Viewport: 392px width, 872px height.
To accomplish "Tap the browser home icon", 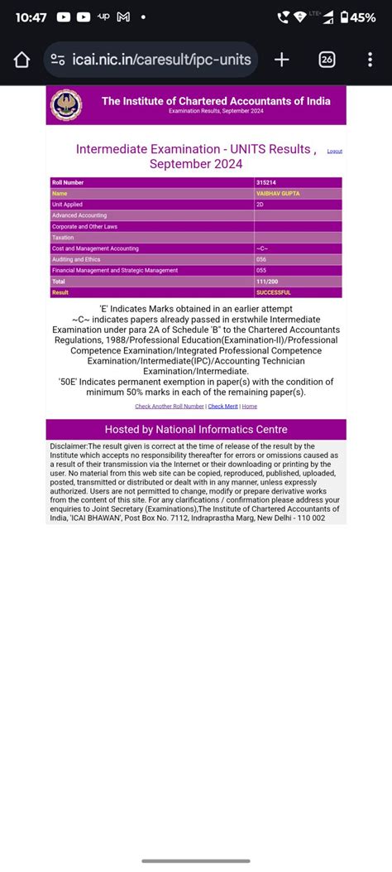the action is click(x=22, y=60).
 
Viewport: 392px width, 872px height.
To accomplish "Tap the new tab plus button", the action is click(x=281, y=60).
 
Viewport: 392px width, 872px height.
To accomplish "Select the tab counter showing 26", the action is click(x=327, y=60).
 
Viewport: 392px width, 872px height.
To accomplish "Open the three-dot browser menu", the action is click(x=370, y=60).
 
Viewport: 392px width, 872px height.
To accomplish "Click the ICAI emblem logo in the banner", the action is click(x=67, y=105).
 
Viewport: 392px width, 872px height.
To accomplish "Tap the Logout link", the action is click(x=334, y=152).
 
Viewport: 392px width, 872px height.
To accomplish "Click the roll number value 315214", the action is click(x=267, y=182).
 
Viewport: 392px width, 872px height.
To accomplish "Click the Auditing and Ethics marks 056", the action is click(x=261, y=259).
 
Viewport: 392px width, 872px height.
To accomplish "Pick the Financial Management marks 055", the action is click(x=261, y=270).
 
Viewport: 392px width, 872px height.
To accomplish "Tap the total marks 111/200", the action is click(x=267, y=282).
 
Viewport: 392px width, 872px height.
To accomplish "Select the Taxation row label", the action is click(x=63, y=238).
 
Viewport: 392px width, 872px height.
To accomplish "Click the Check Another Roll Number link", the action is click(x=170, y=407).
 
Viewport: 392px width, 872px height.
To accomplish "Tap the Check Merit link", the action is click(x=222, y=407).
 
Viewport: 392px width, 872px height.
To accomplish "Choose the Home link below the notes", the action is click(x=249, y=407).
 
